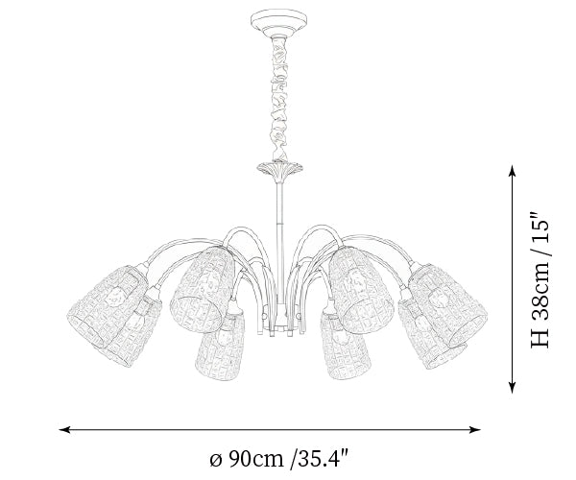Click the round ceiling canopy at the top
tap(278, 23)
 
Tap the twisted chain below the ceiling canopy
tap(279, 99)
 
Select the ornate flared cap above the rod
tap(280, 171)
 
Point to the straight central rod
tap(280, 242)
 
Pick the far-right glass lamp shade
tap(448, 304)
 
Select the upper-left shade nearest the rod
tap(203, 289)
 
